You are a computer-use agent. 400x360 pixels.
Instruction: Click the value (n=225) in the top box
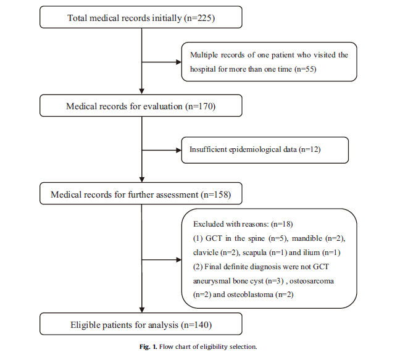(199, 18)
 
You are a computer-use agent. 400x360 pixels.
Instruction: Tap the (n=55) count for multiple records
(306, 69)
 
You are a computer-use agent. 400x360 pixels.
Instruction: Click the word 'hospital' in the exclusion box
(203, 69)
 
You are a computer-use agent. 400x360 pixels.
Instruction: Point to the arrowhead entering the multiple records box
(179, 62)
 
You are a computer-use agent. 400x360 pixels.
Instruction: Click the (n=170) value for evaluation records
(200, 106)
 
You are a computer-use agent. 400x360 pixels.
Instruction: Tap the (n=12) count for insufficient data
(309, 149)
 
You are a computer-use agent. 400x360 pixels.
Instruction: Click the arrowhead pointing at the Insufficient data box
(179, 150)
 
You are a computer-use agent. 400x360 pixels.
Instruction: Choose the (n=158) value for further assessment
(216, 195)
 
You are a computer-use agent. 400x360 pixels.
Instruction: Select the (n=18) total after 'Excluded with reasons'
(281, 224)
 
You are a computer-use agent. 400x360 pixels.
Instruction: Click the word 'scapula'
(254, 253)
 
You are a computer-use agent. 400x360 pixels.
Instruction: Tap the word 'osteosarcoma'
(312, 281)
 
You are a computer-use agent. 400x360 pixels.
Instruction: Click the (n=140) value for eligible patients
(196, 325)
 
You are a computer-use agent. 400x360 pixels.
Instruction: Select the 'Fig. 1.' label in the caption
(148, 347)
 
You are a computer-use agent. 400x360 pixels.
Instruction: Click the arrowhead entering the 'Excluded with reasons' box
(179, 260)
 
